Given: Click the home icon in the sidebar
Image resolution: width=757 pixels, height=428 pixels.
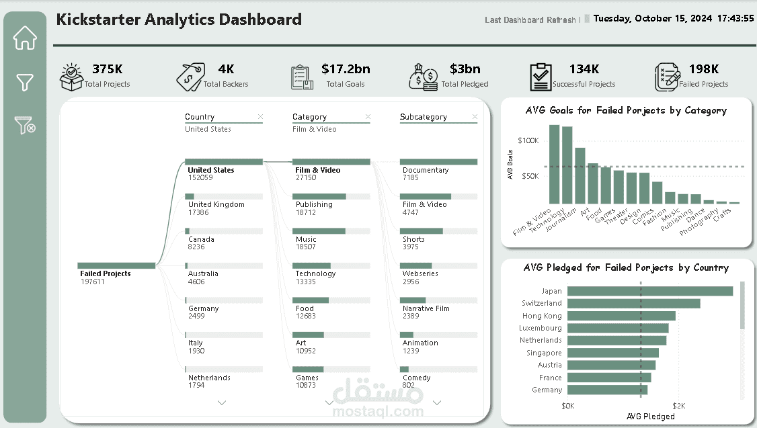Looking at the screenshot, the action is tap(25, 38).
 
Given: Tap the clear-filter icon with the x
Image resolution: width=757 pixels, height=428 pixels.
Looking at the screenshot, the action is tap(25, 125).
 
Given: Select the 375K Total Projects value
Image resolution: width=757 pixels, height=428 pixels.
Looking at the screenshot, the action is tap(107, 69).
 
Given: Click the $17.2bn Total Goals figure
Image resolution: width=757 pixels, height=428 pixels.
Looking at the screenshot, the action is tap(346, 69).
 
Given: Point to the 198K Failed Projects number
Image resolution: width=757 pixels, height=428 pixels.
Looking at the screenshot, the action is tap(703, 69).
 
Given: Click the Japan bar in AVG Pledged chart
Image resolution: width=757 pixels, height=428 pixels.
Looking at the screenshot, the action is tap(650, 291).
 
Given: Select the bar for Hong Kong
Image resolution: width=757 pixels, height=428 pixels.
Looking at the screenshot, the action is tap(621, 316).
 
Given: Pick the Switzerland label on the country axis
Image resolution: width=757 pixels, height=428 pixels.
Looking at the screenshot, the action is tap(542, 303).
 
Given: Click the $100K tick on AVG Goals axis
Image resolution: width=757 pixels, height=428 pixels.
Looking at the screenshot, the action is tap(528, 140).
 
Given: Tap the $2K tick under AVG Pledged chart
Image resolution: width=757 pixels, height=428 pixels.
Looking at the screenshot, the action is tap(679, 406).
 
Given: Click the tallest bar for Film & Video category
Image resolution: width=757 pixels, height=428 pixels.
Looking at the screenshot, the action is tap(554, 164).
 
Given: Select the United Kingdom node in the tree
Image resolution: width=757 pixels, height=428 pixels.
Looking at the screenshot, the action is tap(216, 204).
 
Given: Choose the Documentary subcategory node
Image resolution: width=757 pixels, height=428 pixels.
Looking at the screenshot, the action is tap(426, 170).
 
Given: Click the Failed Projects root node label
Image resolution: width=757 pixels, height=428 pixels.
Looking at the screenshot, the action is tap(106, 273).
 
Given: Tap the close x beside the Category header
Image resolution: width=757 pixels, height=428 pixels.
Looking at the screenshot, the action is tap(368, 117).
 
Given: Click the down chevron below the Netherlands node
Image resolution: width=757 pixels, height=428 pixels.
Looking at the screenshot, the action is tap(222, 402).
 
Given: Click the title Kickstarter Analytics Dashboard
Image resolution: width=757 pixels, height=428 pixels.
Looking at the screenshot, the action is tap(179, 19).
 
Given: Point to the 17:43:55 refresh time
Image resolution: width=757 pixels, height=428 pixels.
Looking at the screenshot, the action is tap(735, 18).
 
